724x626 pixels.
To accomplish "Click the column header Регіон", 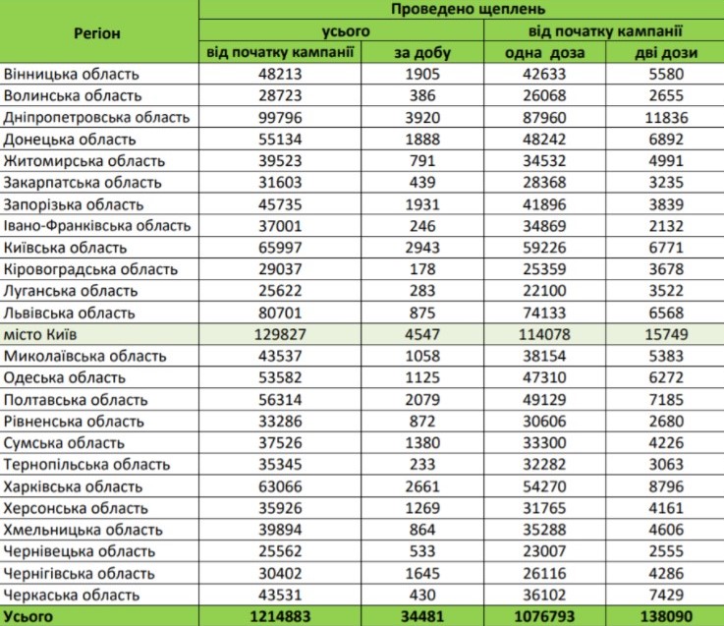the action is point(97,33).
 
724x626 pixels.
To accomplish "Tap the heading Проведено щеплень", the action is point(468,9).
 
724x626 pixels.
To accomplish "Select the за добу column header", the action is point(422,53).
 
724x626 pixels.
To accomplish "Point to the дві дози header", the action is point(666,53).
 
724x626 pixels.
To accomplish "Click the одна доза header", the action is point(544,53).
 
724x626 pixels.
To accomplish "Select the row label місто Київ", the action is point(40,334).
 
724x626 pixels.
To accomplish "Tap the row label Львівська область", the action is point(70,313).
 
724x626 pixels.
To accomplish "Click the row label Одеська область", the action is point(65,377).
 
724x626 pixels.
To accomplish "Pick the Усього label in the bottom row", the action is point(28,616).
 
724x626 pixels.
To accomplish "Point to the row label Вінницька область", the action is point(71,74).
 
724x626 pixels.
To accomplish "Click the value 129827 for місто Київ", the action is point(280,334).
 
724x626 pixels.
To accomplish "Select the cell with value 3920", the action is point(422,117).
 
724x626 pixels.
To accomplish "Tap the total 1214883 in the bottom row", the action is point(280,616).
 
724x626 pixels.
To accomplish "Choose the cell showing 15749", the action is point(666,334).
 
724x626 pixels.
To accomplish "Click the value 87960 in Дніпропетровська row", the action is point(544,117).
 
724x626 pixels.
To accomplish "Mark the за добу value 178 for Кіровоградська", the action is point(422,269).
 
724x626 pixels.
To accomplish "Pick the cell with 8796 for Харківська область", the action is point(666,486).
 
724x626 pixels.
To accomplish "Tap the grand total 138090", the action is point(666,616).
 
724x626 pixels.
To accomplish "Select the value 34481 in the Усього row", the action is point(422,616).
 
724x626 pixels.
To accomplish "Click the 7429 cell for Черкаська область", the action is point(666,595).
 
